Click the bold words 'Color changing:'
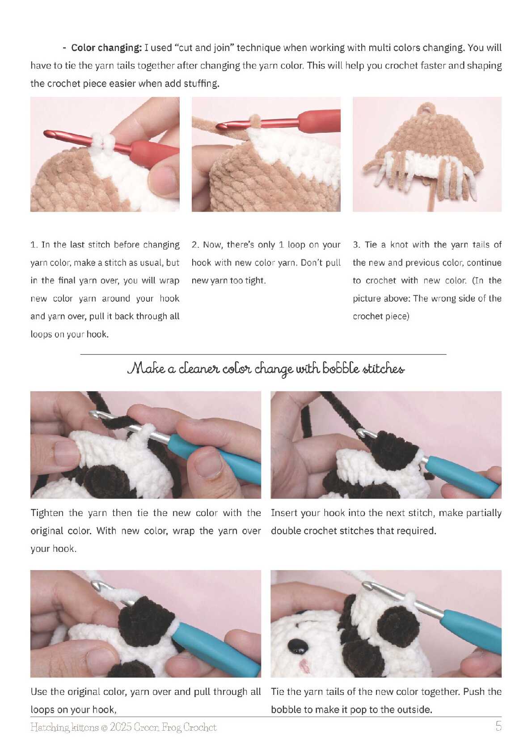coord(106,48)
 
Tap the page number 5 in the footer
coord(498,726)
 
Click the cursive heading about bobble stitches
coord(266,368)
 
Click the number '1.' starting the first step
coord(34,245)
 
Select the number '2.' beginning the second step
coord(196,245)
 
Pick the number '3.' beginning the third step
coord(357,245)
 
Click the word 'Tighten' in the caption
coord(47,513)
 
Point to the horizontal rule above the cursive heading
coord(263,354)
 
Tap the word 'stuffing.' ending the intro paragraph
coord(201,83)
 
